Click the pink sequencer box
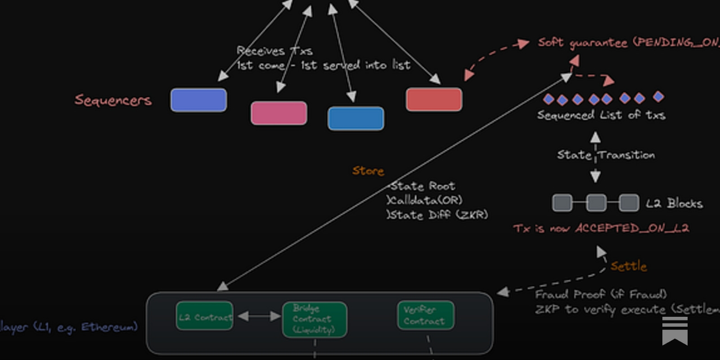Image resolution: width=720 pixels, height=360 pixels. pos(279,113)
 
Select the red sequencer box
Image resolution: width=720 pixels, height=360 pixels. pos(434,99)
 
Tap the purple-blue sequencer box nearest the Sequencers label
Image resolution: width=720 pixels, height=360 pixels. pos(198,100)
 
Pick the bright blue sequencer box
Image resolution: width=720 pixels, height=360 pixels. pos(356,118)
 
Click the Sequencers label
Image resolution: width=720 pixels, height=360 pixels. pos(113,100)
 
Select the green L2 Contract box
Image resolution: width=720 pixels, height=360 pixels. pos(205,317)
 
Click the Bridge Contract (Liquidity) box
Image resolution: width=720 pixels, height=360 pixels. pos(315,319)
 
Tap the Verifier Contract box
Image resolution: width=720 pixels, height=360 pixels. pos(425,315)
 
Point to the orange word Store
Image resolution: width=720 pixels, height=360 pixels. pos(368,171)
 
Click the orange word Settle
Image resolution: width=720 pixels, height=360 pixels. pos(629,266)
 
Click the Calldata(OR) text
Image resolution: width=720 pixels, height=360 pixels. pos(425,200)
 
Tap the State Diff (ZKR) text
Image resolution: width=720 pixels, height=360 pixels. pos(437,215)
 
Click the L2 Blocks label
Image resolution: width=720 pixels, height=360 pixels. pos(674,203)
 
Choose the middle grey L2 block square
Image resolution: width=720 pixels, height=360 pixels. pos(596,203)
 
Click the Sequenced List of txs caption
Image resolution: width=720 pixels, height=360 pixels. pos(601,115)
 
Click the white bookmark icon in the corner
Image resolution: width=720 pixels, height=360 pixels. pos(675,330)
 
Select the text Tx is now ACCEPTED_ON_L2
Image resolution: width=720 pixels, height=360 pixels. pos(601,228)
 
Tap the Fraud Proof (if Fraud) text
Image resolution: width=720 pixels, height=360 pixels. pos(601,294)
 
